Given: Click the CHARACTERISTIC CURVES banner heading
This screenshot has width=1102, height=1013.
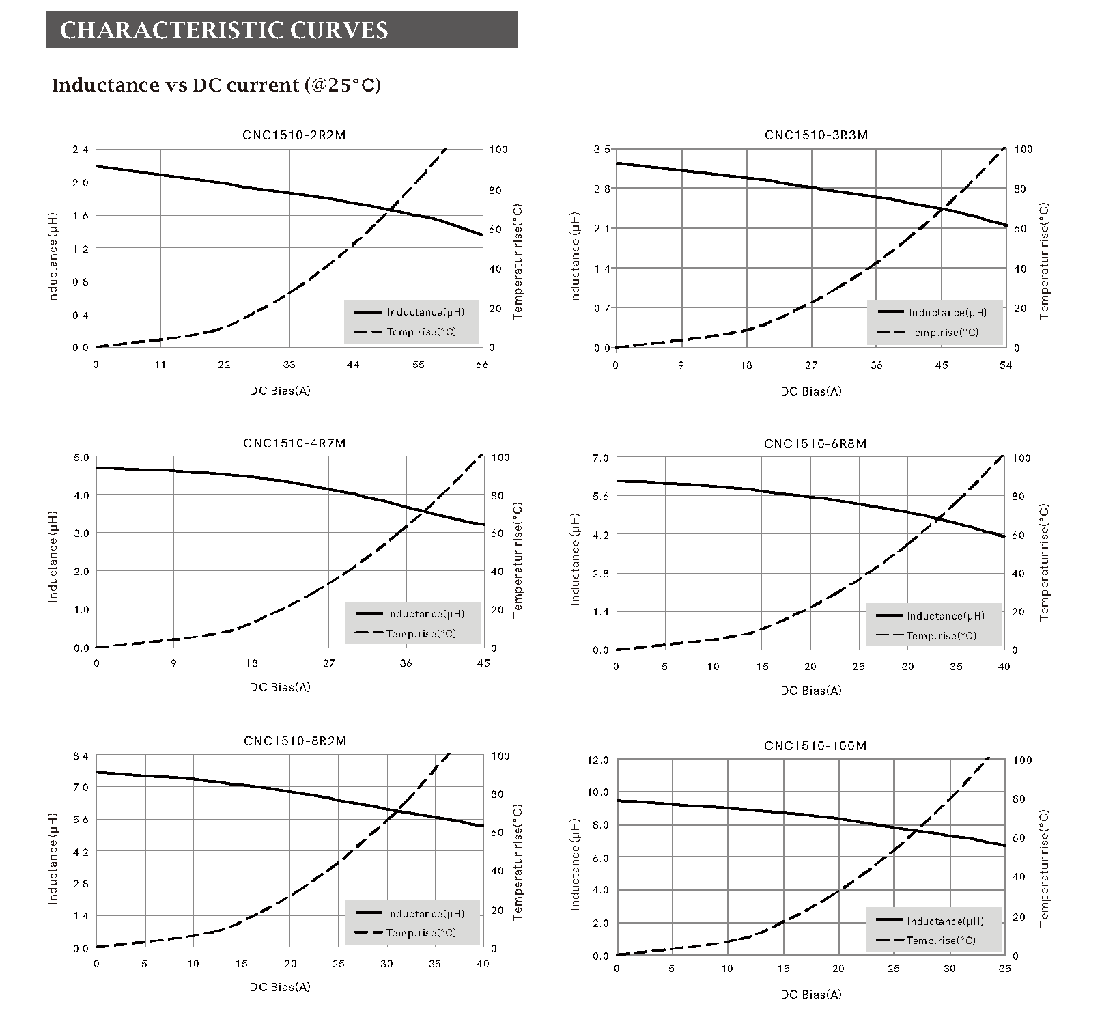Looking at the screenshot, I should pyautogui.click(x=224, y=30).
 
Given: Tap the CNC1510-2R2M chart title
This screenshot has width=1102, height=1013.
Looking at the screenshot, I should pyautogui.click(x=294, y=135).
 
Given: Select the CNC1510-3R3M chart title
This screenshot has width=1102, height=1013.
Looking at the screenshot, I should pyautogui.click(x=816, y=135).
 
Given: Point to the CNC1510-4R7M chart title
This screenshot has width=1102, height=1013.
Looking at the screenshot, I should pyautogui.click(x=294, y=443).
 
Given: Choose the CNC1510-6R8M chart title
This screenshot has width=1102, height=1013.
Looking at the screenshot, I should pyautogui.click(x=815, y=444).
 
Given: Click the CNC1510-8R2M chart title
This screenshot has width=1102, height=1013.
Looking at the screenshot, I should pyautogui.click(x=294, y=741).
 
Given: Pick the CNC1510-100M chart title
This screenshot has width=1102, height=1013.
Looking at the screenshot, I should pyautogui.click(x=815, y=745).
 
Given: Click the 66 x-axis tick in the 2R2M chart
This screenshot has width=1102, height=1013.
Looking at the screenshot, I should pyautogui.click(x=482, y=365).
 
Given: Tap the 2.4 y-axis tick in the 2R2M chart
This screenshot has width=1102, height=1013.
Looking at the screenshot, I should pyautogui.click(x=81, y=150).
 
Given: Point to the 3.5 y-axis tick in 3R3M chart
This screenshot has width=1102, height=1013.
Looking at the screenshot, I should pyautogui.click(x=602, y=150).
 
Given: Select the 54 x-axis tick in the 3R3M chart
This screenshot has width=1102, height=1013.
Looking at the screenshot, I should pyautogui.click(x=1006, y=365).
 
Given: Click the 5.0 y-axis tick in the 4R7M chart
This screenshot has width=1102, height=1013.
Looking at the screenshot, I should pyautogui.click(x=81, y=458).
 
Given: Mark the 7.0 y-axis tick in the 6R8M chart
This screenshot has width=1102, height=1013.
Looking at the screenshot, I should pyautogui.click(x=600, y=458).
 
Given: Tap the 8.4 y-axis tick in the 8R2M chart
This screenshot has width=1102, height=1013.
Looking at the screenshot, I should pyautogui.click(x=81, y=756).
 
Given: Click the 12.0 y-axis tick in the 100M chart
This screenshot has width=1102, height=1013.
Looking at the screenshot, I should pyautogui.click(x=597, y=760).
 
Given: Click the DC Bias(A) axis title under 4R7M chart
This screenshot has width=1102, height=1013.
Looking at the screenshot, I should pyautogui.click(x=280, y=687).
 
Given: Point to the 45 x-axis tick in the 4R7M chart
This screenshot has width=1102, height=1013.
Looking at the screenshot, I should pyautogui.click(x=483, y=663).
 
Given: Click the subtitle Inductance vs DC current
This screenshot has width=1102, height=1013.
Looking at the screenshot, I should pyautogui.click(x=216, y=85).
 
